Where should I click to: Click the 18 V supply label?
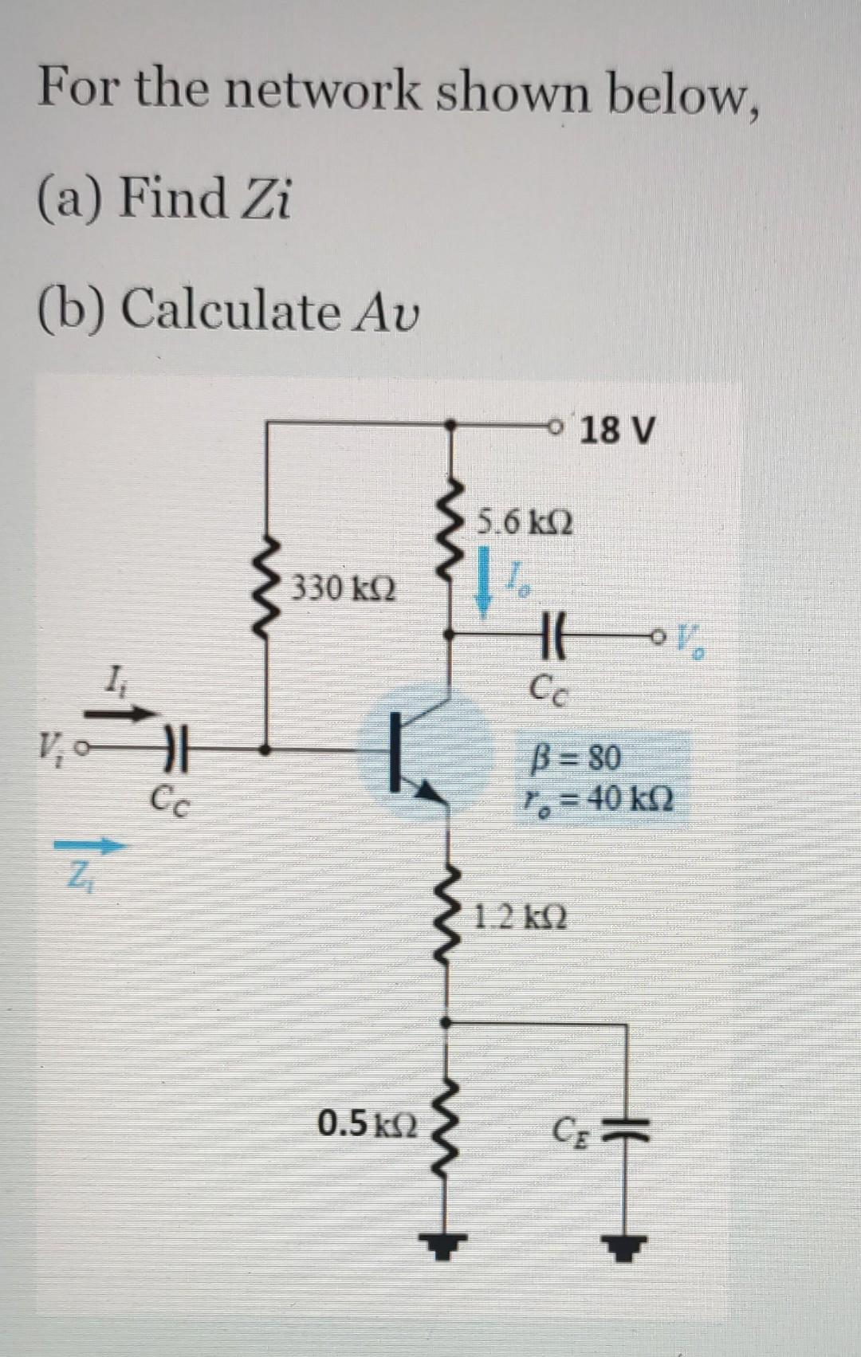click(618, 431)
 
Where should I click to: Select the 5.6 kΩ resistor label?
click(525, 524)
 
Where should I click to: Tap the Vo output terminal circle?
click(658, 636)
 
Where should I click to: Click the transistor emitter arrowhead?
click(432, 790)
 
